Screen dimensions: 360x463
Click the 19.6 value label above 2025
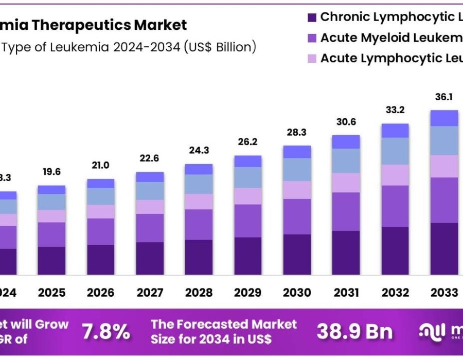pyautogui.click(x=51, y=172)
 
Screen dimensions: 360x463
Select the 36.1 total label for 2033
pyautogui.click(x=444, y=97)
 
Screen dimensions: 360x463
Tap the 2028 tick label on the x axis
pyautogui.click(x=199, y=293)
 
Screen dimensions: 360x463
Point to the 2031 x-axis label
pyautogui.click(x=346, y=293)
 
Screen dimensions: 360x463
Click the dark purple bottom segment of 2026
pyautogui.click(x=101, y=260)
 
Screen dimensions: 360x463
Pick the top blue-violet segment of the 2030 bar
pyautogui.click(x=297, y=152)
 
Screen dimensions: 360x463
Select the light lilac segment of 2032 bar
pyautogui.click(x=395, y=175)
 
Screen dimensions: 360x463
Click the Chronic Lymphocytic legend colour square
pyautogui.click(x=311, y=17)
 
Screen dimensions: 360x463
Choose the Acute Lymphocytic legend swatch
pyautogui.click(x=311, y=59)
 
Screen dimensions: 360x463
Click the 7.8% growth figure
pyautogui.click(x=106, y=332)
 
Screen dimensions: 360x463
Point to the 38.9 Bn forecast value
pyautogui.click(x=354, y=332)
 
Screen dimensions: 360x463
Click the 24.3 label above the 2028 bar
pyautogui.click(x=199, y=151)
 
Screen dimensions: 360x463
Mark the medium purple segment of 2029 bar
pyautogui.click(x=247, y=221)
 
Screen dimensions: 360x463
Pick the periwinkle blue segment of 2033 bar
pyautogui.click(x=444, y=140)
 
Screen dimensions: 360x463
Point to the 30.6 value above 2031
pyautogui.click(x=346, y=122)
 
